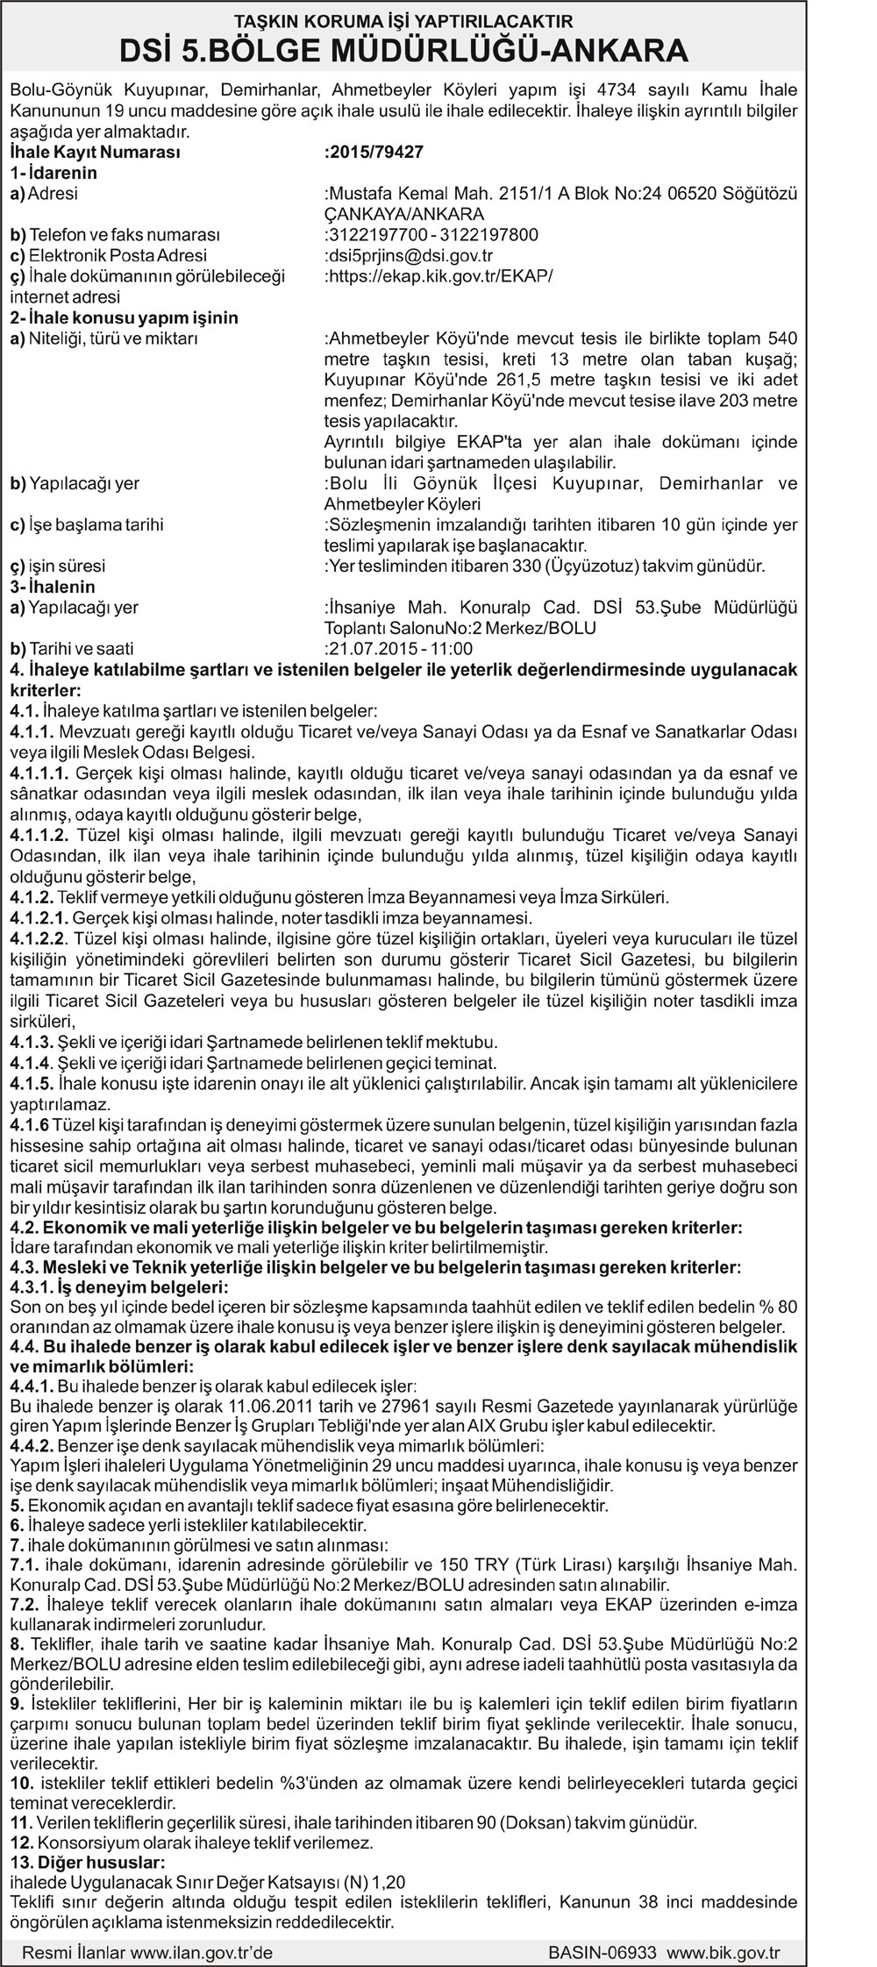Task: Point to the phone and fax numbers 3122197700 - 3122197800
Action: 431,235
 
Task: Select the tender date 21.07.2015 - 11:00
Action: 399,649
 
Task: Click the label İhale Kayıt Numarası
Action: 95,152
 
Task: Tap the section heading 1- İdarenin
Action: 54,173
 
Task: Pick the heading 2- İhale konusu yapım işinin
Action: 125,317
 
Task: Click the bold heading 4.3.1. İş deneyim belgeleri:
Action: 118,1286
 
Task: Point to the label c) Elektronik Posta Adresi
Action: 109,256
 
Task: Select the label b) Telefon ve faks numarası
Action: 115,235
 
